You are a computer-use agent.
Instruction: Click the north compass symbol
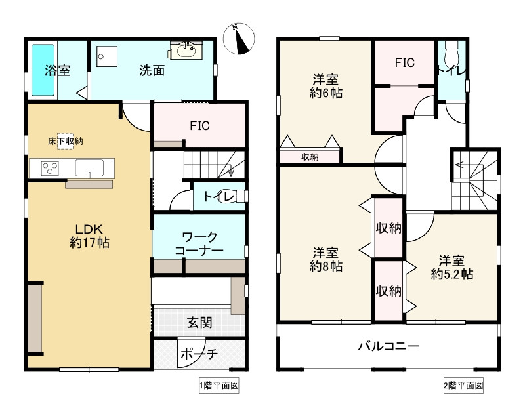pyautogui.click(x=239, y=39)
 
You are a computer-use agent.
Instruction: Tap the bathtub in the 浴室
pyautogui.click(x=43, y=70)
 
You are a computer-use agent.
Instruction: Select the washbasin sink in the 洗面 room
pyautogui.click(x=186, y=51)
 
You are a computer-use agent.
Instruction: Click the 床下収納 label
pyautogui.click(x=65, y=141)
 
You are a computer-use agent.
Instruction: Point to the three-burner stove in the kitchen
pyautogui.click(x=51, y=168)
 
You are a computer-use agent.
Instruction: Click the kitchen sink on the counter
pyautogui.click(x=89, y=168)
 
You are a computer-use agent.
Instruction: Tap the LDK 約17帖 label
pyautogui.click(x=89, y=236)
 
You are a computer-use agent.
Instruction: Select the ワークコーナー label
pyautogui.click(x=199, y=243)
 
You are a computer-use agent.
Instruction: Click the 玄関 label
pyautogui.click(x=199, y=323)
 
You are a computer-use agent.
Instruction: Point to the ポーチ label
pyautogui.click(x=199, y=354)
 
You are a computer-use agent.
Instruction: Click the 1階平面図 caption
pyautogui.click(x=219, y=386)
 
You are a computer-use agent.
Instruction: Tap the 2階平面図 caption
pyautogui.click(x=463, y=386)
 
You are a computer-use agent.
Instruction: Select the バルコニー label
pyautogui.click(x=389, y=346)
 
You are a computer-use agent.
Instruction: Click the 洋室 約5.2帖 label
pyautogui.click(x=452, y=268)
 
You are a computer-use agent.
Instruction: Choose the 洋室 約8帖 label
pyautogui.click(x=325, y=259)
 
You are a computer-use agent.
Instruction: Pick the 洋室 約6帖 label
pyautogui.click(x=325, y=86)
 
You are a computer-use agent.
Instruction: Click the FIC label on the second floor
pyautogui.click(x=404, y=62)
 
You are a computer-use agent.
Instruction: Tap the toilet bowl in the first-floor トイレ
pyautogui.click(x=241, y=196)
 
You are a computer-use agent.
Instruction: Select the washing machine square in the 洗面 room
pyautogui.click(x=107, y=56)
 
